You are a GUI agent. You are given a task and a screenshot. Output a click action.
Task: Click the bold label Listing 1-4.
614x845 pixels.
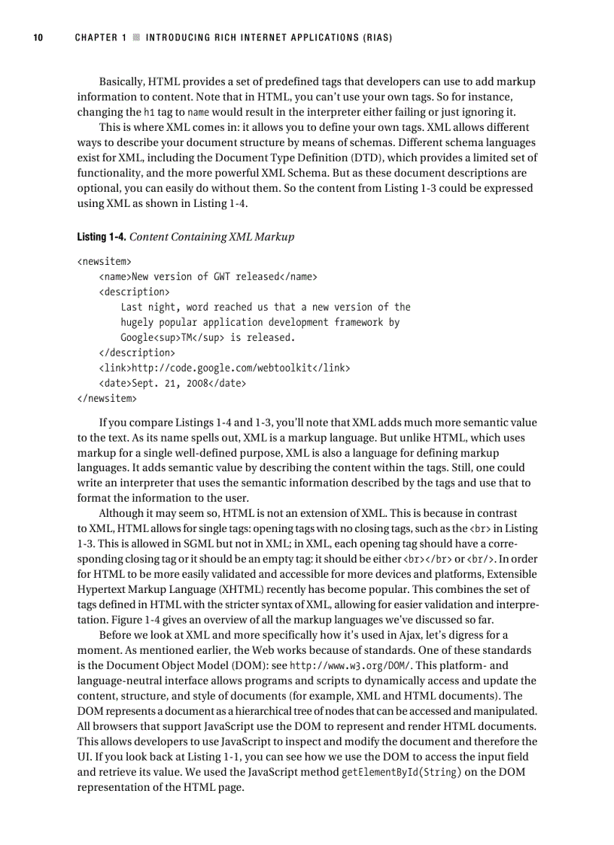click(x=101, y=237)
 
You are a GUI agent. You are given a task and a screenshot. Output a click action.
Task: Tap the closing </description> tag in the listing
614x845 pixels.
click(x=137, y=352)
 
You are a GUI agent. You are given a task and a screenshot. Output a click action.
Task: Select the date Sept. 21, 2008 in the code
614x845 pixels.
click(x=173, y=383)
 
